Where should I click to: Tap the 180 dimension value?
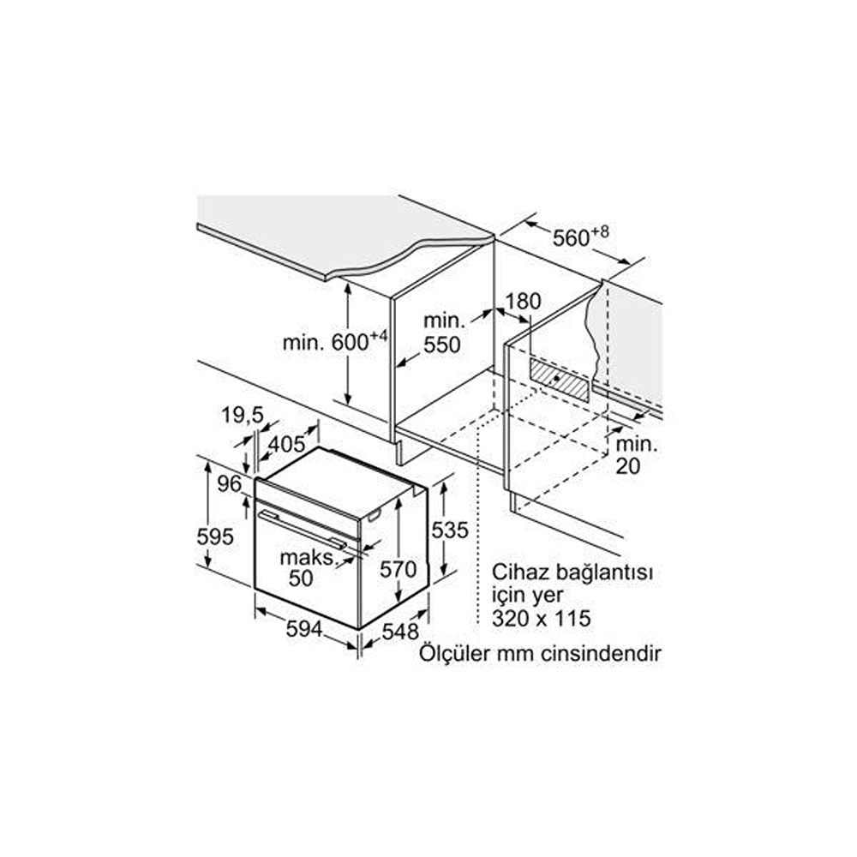pyautogui.click(x=523, y=301)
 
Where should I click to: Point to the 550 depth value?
pyautogui.click(x=442, y=345)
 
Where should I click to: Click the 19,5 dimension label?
pyautogui.click(x=243, y=416)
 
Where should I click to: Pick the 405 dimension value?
pyautogui.click(x=286, y=443)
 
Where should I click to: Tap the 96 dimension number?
pyautogui.click(x=229, y=483)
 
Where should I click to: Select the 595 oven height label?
pyautogui.click(x=215, y=536)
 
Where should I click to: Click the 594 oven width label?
pyautogui.click(x=304, y=629)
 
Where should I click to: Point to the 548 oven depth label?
pyautogui.click(x=400, y=632)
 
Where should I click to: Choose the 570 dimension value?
pyautogui.click(x=399, y=570)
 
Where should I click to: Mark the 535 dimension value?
pyautogui.click(x=450, y=530)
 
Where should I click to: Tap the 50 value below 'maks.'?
pyautogui.click(x=301, y=578)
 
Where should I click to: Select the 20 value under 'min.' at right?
pyautogui.click(x=627, y=466)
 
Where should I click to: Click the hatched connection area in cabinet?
pyautogui.click(x=559, y=380)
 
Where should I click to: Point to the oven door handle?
pyautogui.click(x=303, y=529)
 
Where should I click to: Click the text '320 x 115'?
pyautogui.click(x=541, y=618)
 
